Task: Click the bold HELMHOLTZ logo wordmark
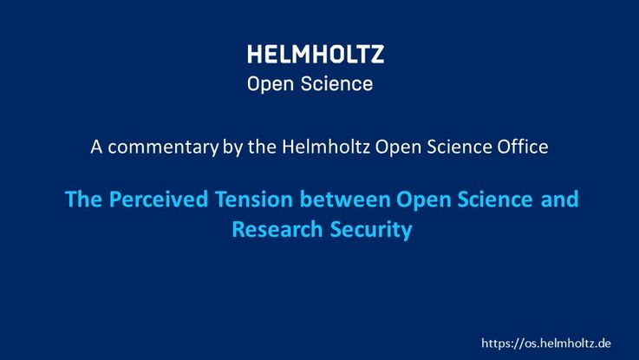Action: (316, 54)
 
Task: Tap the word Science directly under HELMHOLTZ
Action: (336, 84)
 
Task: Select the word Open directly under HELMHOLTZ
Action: (271, 85)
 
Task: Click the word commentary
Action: (163, 147)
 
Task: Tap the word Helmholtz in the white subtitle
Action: (326, 147)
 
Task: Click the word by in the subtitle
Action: (232, 147)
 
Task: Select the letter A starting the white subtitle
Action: (96, 147)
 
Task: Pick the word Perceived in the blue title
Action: (159, 199)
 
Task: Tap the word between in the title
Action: (345, 199)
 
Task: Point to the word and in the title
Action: (559, 199)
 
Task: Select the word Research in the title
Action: (277, 229)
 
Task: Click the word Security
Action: (371, 231)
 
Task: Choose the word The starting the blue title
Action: (83, 199)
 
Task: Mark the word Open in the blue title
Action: (423, 200)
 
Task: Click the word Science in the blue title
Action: (495, 199)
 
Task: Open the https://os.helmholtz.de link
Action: (546, 343)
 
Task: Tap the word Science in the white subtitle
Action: (459, 147)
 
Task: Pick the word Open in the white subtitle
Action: (398, 147)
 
